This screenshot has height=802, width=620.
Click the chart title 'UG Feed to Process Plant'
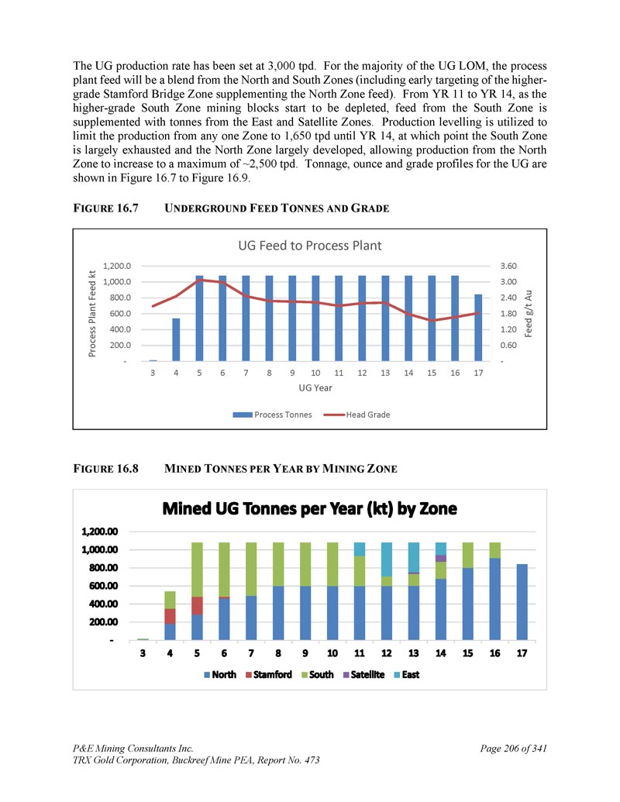[309, 246]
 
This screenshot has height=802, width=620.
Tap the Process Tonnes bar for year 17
[478, 327]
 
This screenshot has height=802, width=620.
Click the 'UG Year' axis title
[315, 387]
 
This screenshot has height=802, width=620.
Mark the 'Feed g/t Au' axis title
[529, 313]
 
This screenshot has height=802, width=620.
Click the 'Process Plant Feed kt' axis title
[92, 313]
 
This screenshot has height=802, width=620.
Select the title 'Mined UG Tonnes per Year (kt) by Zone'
[309, 510]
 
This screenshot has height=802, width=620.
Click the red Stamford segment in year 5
[198, 604]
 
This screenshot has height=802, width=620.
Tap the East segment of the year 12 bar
[387, 559]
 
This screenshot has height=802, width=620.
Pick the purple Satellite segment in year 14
[441, 558]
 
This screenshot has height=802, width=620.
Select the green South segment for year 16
[495, 550]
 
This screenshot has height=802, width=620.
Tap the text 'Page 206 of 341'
[514, 748]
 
